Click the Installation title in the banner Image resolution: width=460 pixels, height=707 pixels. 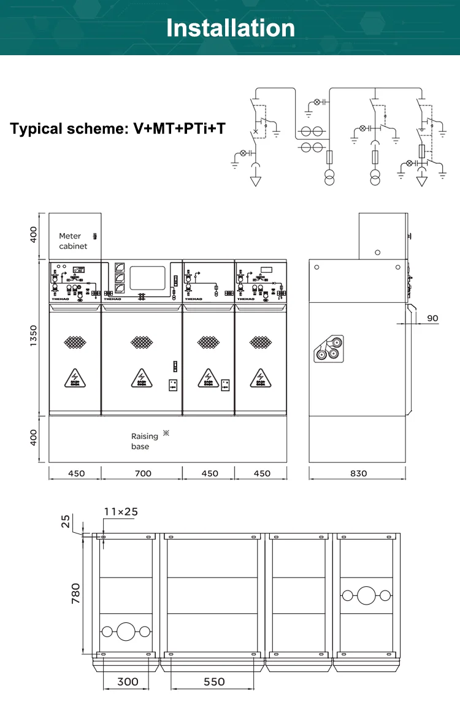pyautogui.click(x=230, y=28)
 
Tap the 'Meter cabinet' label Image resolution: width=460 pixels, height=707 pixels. pyautogui.click(x=73, y=241)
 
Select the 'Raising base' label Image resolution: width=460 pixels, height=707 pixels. pyautogui.click(x=144, y=441)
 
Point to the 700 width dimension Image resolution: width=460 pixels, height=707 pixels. pyautogui.click(x=142, y=473)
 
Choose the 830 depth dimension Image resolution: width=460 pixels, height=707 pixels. pyautogui.click(x=358, y=473)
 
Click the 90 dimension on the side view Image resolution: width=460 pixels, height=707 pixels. pyautogui.click(x=432, y=318)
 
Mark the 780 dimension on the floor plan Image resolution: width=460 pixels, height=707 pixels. pyautogui.click(x=75, y=594)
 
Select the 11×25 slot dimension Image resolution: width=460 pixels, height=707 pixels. pyautogui.click(x=121, y=511)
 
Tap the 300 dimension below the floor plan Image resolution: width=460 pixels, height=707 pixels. pyautogui.click(x=128, y=681)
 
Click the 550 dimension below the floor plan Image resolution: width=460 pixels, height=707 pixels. pyautogui.click(x=214, y=681)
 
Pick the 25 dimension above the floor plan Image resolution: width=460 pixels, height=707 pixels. pyautogui.click(x=66, y=521)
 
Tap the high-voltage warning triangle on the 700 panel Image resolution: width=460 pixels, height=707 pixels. pyautogui.click(x=142, y=378)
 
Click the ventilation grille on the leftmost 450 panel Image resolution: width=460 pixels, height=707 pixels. pyautogui.click(x=75, y=342)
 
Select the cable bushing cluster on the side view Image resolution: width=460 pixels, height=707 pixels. pyautogui.click(x=329, y=349)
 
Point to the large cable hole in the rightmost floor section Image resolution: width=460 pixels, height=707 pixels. pyautogui.click(x=367, y=595)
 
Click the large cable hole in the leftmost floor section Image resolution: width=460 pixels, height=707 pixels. pyautogui.click(x=126, y=631)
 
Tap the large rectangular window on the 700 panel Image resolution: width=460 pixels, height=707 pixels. pyautogui.click(x=148, y=278)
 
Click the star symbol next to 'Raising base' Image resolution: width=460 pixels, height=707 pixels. pyautogui.click(x=166, y=434)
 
